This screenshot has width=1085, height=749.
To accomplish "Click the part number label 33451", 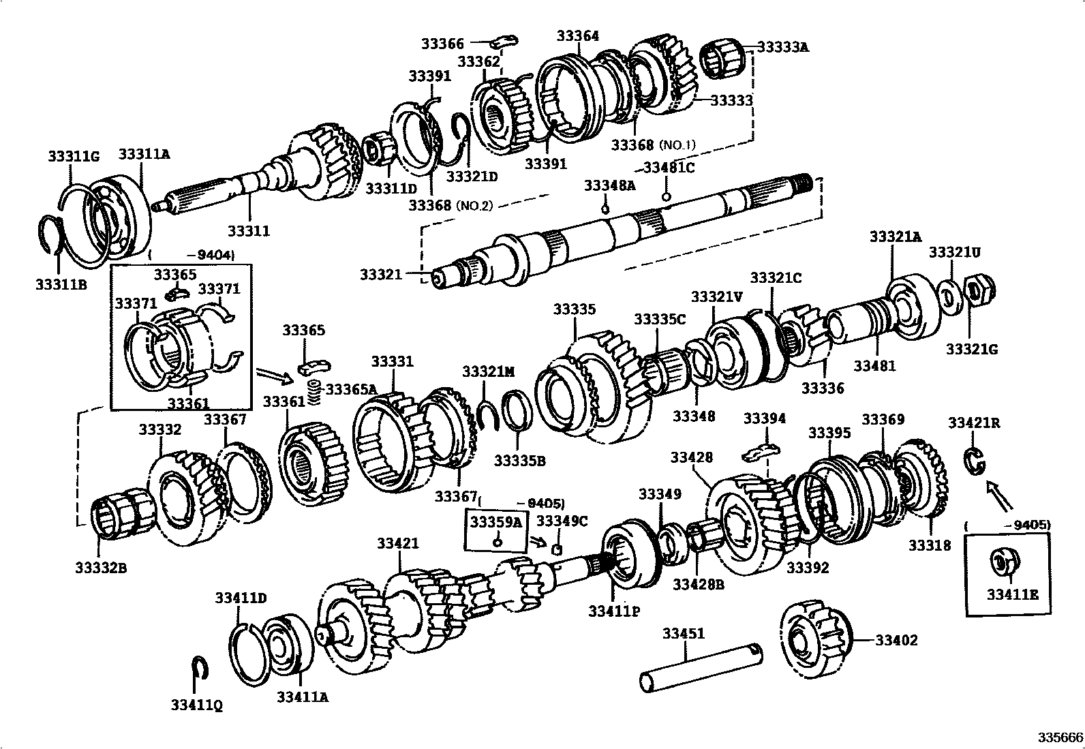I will pyautogui.click(x=684, y=634).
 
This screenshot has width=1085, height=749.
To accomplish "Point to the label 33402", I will pyautogui.click(x=896, y=641).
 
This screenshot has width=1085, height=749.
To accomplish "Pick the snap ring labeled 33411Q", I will pyautogui.click(x=200, y=668).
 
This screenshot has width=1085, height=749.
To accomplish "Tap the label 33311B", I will pyautogui.click(x=61, y=284).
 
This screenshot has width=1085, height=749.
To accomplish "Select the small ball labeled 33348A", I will pyautogui.click(x=605, y=207).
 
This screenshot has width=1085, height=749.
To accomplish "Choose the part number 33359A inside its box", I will pyautogui.click(x=496, y=522).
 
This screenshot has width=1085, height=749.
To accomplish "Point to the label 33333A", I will pyautogui.click(x=782, y=47).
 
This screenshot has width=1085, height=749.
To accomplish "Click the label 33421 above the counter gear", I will pyautogui.click(x=397, y=543).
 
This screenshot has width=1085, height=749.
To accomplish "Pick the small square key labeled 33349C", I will pyautogui.click(x=557, y=549).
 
